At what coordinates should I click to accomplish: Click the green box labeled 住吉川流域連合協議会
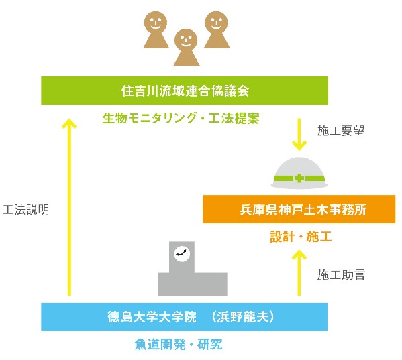click(x=185, y=91)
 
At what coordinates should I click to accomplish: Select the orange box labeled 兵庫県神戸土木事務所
click(x=299, y=209)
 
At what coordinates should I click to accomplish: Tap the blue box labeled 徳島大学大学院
click(x=184, y=316)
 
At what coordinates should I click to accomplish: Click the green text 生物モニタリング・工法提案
click(x=181, y=118)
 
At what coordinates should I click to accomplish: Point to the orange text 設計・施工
click(x=301, y=237)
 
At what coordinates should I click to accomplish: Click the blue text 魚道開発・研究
click(x=179, y=344)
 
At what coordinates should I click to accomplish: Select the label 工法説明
click(x=26, y=209)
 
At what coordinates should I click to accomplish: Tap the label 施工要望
click(x=341, y=131)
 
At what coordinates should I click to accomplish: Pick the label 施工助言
click(x=341, y=275)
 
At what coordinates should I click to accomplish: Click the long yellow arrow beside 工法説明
click(x=69, y=207)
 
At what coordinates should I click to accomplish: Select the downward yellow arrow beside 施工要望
click(x=299, y=135)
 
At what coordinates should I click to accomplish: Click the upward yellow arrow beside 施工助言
click(x=299, y=272)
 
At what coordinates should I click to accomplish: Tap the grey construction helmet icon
click(x=299, y=173)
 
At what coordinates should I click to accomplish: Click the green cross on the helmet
click(x=299, y=178)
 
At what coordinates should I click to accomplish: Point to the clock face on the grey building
click(x=182, y=253)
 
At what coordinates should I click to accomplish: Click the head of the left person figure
click(x=156, y=23)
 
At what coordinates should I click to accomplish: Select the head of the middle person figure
click(x=186, y=40)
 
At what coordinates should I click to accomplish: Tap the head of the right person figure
click(x=216, y=23)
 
